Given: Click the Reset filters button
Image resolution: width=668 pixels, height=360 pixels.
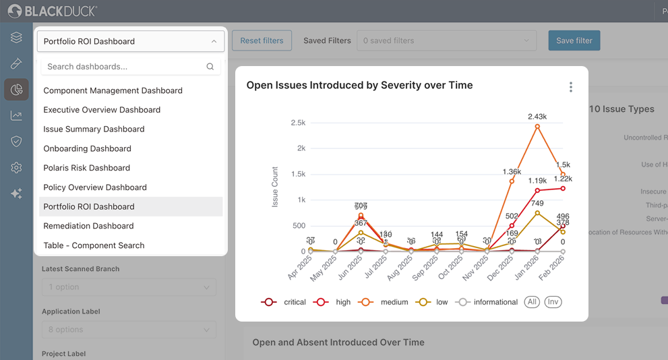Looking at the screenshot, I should [262, 40].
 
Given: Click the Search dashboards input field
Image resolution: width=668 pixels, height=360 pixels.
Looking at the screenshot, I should [125, 67].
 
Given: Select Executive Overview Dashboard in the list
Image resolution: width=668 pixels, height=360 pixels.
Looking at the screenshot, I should [102, 110].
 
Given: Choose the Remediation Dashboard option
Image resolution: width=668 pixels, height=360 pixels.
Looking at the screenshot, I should [88, 226].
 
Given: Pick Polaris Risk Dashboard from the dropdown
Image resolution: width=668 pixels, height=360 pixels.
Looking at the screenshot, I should [86, 168].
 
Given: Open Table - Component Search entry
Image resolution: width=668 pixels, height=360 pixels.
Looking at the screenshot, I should [94, 245].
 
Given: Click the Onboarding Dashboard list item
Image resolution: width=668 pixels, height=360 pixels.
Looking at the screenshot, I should [87, 148].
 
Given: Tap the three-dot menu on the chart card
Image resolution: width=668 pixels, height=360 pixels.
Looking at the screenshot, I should [570, 87].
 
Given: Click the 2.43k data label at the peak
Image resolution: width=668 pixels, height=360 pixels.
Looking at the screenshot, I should [537, 117].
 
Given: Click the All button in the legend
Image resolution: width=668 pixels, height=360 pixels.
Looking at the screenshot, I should [532, 302].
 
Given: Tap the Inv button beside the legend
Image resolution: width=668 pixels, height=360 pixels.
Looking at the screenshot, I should [553, 302].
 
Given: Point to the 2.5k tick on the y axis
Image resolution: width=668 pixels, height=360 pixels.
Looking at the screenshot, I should [297, 123].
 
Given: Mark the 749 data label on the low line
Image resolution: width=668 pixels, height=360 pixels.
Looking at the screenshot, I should [537, 203].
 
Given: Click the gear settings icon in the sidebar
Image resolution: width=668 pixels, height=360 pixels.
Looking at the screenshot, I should [16, 168].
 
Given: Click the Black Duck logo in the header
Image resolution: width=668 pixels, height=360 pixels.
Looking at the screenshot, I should [53, 11].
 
